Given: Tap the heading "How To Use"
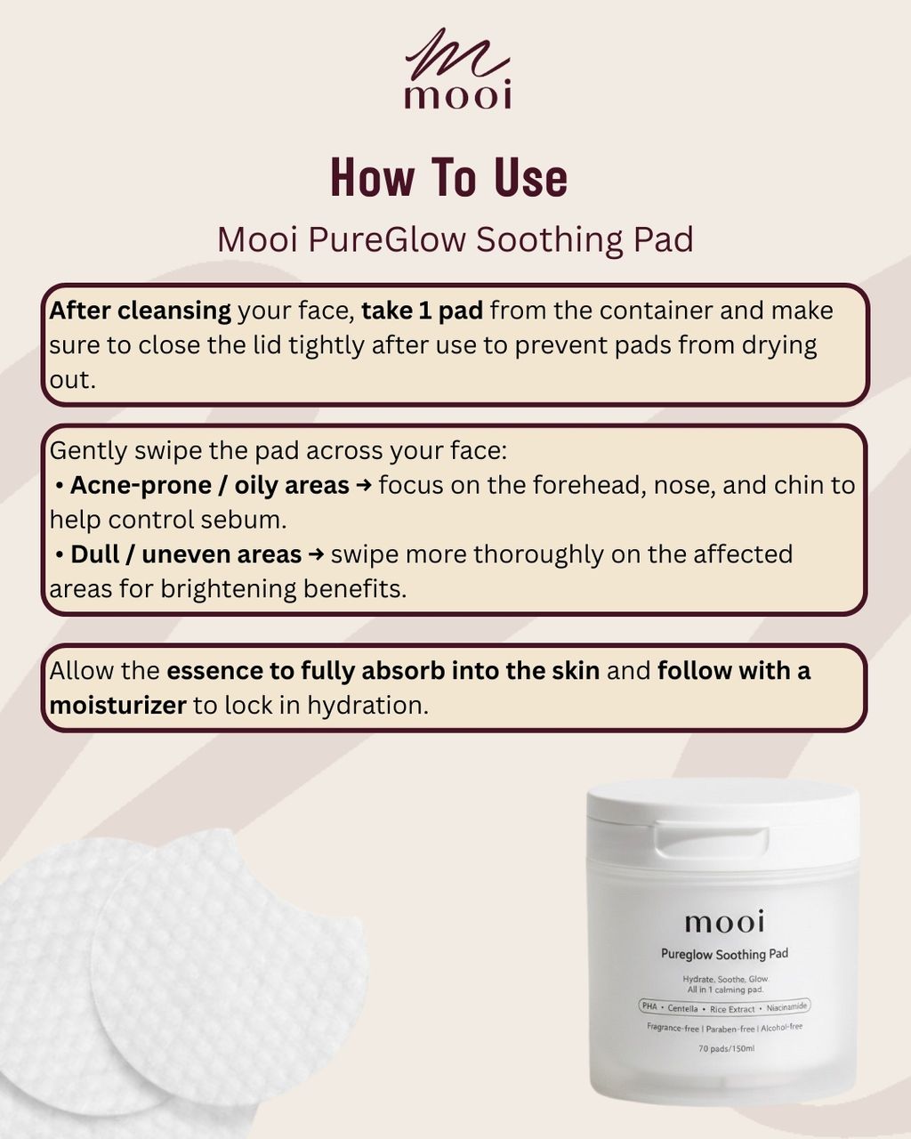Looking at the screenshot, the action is (449, 178).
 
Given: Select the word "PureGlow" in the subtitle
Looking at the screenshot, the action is (387, 239).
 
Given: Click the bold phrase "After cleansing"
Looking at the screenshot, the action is (141, 311).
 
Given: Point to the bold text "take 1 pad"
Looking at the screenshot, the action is (423, 311).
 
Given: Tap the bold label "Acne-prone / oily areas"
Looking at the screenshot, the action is (210, 485).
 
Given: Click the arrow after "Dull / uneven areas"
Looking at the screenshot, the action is (316, 555).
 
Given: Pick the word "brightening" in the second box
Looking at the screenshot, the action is (228, 590).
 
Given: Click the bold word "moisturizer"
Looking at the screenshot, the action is (117, 706).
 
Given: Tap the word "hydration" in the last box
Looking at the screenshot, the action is (368, 706).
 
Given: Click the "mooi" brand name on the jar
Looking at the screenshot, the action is (724, 922).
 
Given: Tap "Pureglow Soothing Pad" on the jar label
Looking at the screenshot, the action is (725, 954).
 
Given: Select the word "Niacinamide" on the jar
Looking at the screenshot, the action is (786, 1006).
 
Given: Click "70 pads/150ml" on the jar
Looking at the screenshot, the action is (726, 1048).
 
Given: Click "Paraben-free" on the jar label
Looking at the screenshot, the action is (730, 1029).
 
